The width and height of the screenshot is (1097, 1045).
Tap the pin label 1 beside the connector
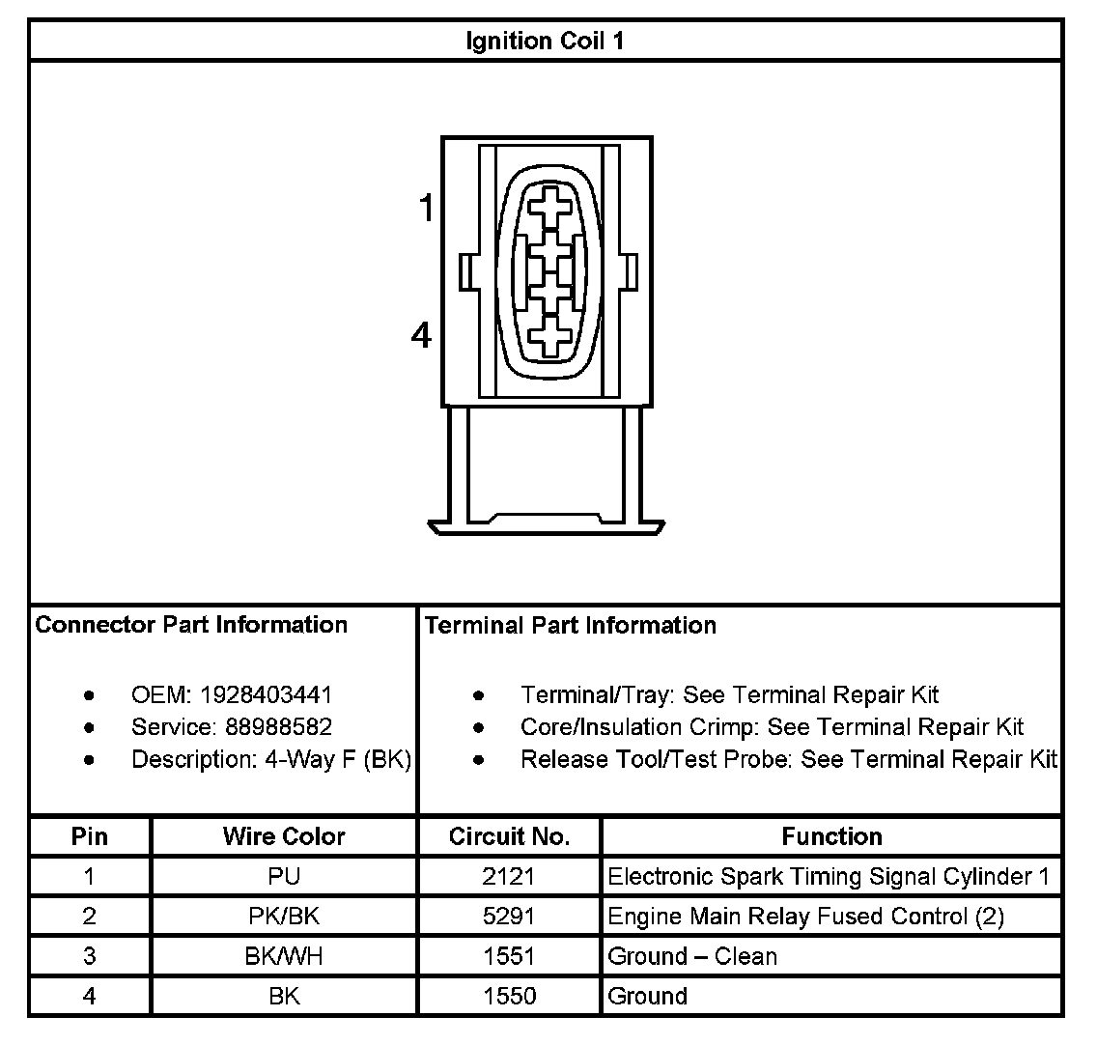click(426, 208)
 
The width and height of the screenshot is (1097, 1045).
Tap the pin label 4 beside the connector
click(421, 336)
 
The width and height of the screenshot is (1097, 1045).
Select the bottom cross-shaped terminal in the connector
click(548, 337)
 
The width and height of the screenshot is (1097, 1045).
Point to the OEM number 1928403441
click(266, 695)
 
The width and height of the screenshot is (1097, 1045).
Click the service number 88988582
click(278, 727)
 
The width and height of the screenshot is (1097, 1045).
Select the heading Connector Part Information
click(191, 625)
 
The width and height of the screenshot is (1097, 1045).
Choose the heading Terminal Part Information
click(570, 626)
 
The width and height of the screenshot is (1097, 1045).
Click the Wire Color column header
click(284, 836)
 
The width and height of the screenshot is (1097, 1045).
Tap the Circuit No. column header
click(509, 836)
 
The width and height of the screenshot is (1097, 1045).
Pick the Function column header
click(831, 836)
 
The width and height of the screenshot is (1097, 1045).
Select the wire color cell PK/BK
click(284, 917)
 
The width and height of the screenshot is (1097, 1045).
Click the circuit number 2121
click(509, 877)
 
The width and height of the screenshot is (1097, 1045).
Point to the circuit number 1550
click(509, 996)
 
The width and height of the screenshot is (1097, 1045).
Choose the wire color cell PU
click(284, 877)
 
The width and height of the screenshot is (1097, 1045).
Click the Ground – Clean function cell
click(692, 956)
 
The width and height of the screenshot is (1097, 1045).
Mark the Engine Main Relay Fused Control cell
click(805, 917)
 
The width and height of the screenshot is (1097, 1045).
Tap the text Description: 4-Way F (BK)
click(271, 760)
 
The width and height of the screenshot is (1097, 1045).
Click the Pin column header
click(90, 836)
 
